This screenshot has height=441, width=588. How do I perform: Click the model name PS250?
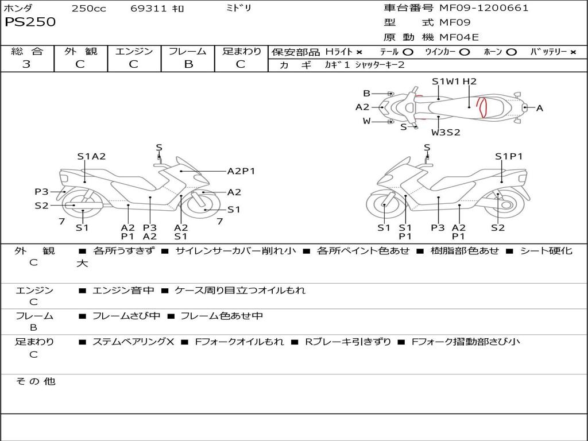click(x=30, y=22)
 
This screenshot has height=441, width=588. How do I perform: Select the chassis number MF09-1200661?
click(x=483, y=8)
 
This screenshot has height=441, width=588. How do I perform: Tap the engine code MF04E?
click(x=459, y=37)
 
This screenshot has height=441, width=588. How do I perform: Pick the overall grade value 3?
click(x=26, y=64)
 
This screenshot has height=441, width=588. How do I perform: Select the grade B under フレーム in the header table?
click(x=188, y=64)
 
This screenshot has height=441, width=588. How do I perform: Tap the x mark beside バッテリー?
click(x=573, y=52)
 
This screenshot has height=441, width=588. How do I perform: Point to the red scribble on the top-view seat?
click(x=481, y=107)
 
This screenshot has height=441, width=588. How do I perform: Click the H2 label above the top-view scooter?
click(x=470, y=82)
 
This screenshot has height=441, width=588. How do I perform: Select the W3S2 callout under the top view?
click(x=446, y=133)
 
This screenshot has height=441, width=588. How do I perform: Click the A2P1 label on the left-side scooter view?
click(x=241, y=171)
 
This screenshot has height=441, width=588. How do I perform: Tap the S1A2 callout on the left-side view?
click(x=91, y=156)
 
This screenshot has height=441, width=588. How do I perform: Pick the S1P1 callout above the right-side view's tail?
click(x=509, y=156)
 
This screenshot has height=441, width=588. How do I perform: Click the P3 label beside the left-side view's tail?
click(x=41, y=192)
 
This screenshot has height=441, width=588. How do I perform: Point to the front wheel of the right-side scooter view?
click(x=385, y=205)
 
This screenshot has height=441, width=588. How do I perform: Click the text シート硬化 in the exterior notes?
click(x=547, y=251)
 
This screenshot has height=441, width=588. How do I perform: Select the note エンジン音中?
click(x=123, y=290)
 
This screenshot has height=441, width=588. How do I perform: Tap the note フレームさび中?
click(x=126, y=316)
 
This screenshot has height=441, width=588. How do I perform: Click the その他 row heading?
click(x=36, y=381)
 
